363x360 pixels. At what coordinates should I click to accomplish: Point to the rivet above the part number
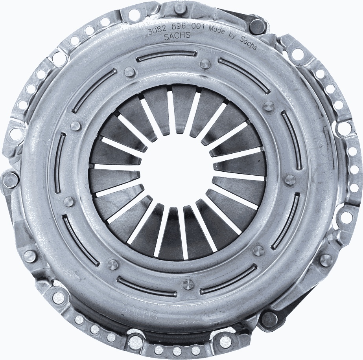pos(180,6)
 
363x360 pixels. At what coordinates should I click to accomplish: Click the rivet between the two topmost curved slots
pos(205,64)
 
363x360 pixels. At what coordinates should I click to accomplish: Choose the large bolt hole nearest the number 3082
pos(134,16)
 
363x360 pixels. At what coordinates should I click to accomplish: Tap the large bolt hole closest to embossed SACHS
pos(135,339)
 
